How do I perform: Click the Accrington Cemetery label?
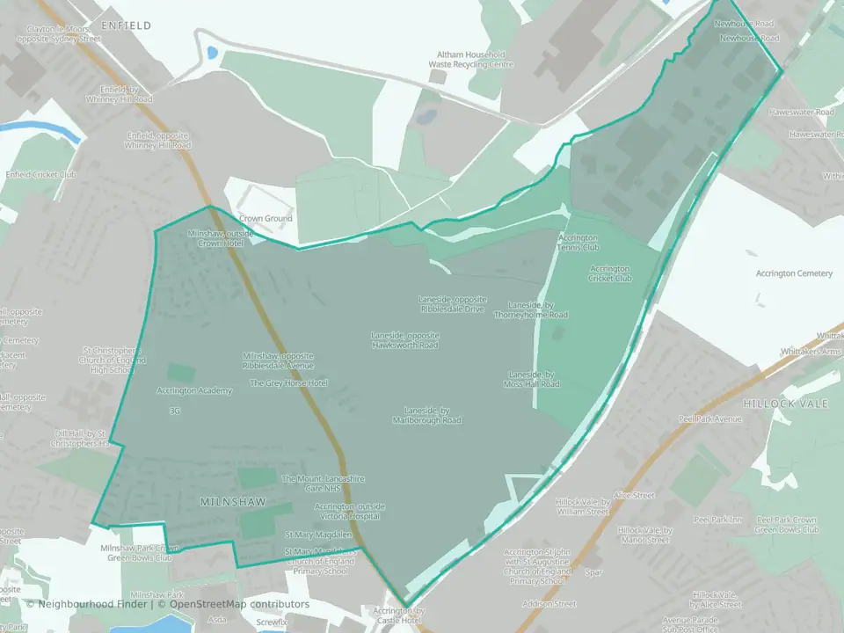click(x=794, y=273)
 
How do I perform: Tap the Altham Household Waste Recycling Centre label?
click(x=470, y=59)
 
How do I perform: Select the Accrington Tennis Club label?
click(x=578, y=243)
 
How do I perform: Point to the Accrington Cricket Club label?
click(x=611, y=273)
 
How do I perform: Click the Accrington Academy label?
click(x=194, y=390)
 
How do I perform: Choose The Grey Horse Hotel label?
click(x=288, y=383)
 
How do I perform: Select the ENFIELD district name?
click(x=120, y=26)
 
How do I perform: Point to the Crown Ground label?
click(x=266, y=218)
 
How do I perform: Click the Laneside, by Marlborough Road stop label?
click(x=427, y=415)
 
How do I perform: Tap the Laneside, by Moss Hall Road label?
click(x=533, y=379)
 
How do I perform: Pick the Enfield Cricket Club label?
click(x=41, y=175)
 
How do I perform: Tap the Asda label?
click(x=216, y=620)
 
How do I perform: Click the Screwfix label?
click(x=272, y=622)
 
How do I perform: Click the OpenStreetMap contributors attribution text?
click(x=239, y=605)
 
